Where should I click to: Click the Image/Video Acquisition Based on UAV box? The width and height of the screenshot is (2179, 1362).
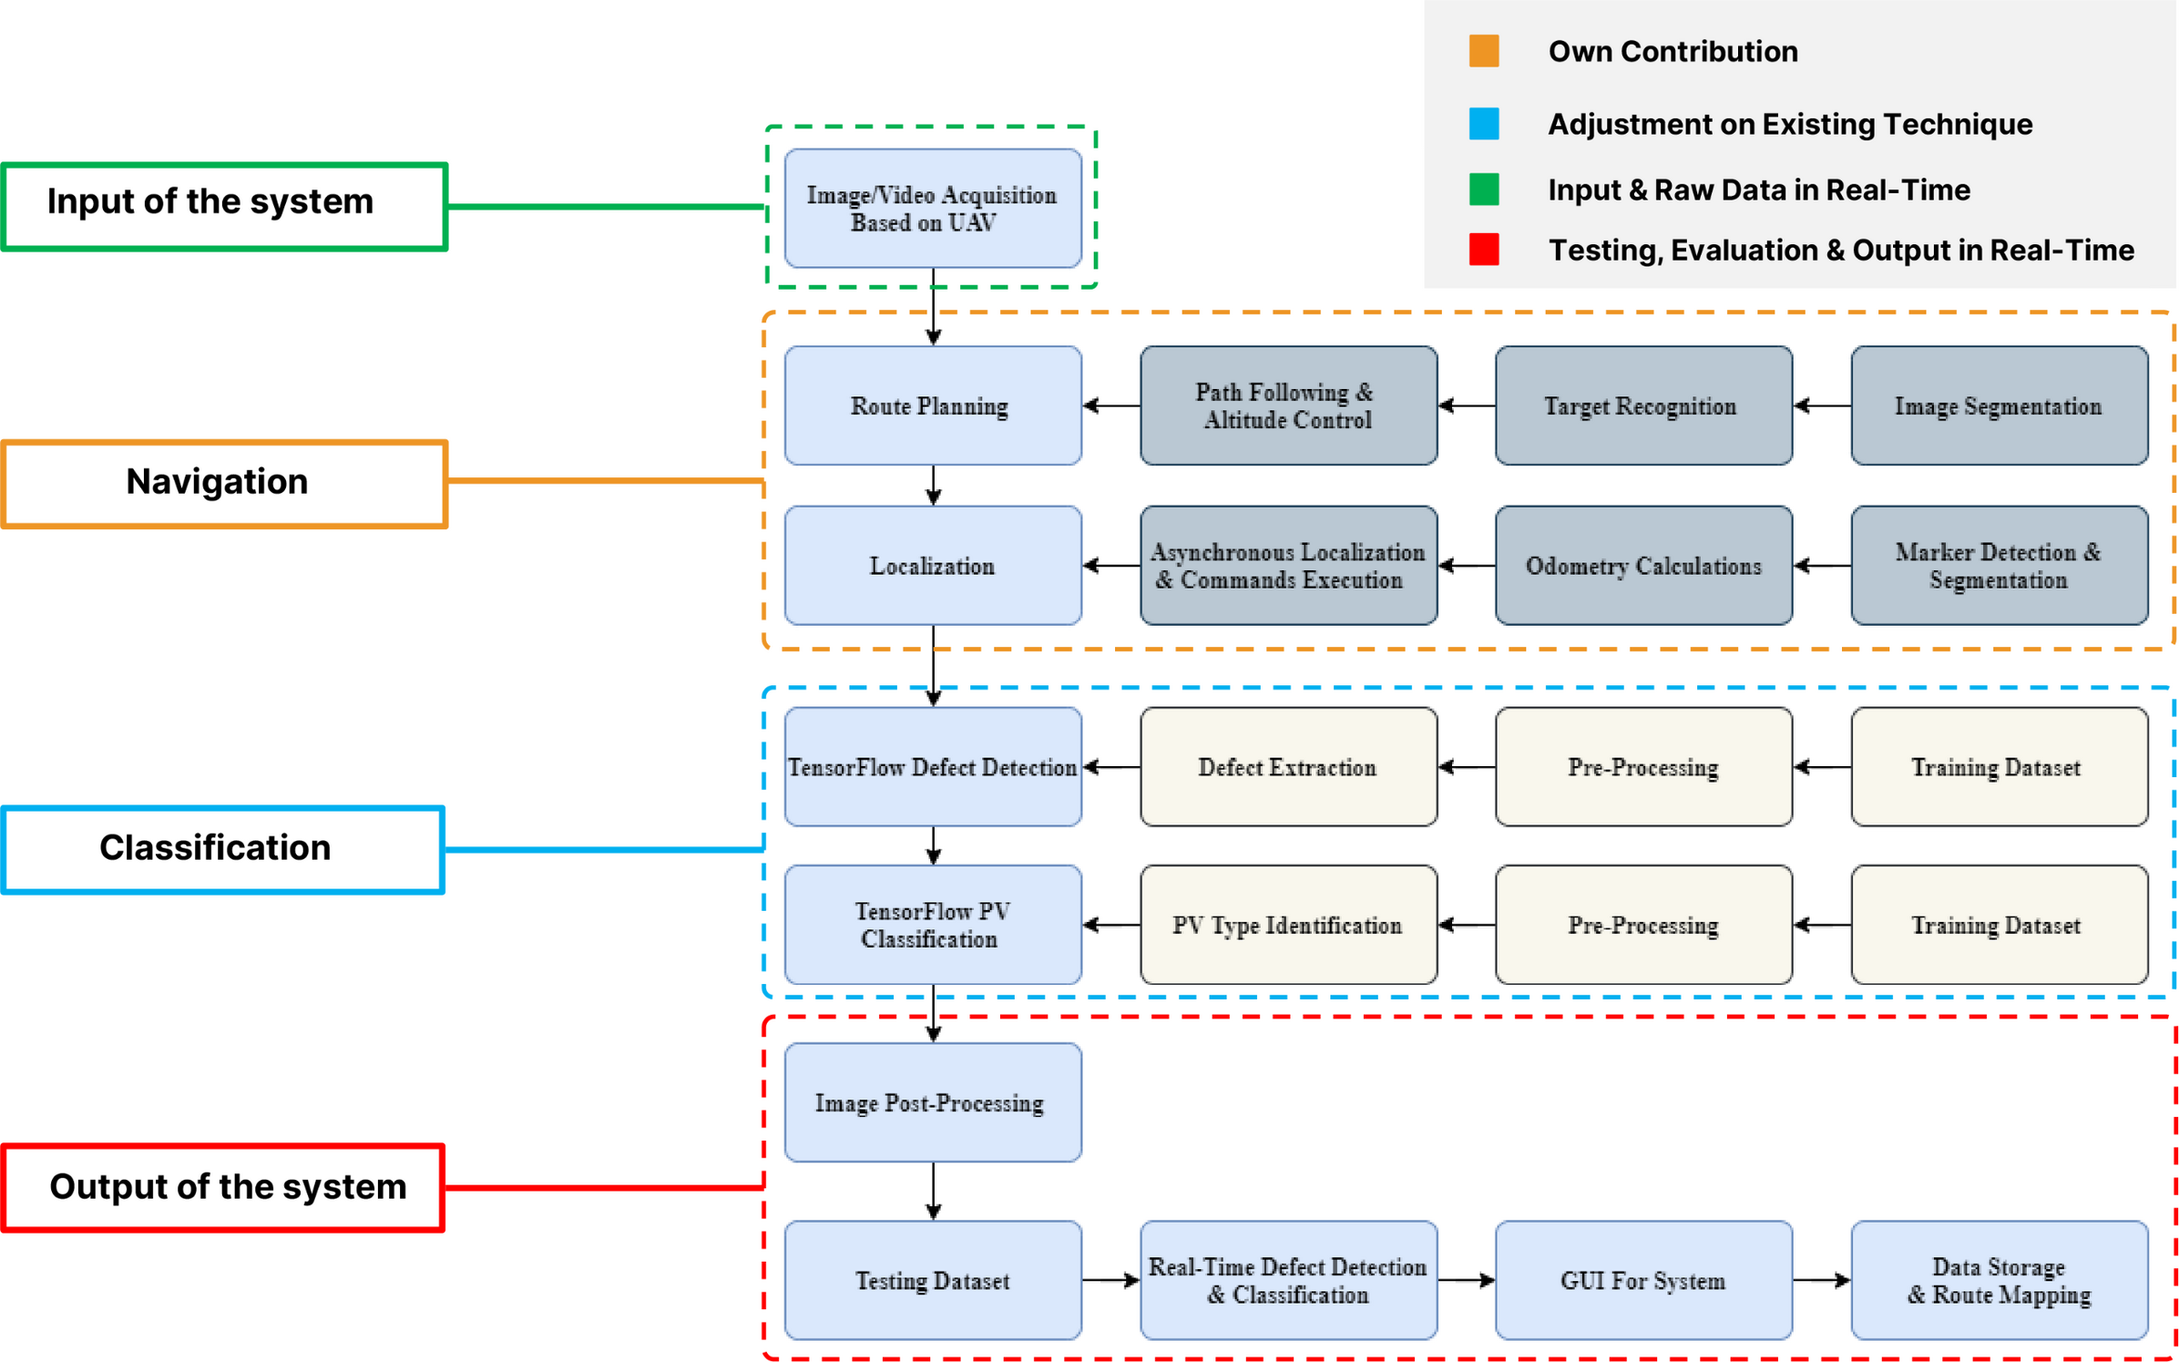pos(933,209)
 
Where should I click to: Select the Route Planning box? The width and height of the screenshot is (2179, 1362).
pos(933,405)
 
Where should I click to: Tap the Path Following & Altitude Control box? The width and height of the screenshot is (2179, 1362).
pos(1288,405)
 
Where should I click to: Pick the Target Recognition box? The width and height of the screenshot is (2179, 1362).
pos(1643,405)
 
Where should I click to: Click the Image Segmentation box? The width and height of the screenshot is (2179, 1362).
pos(1999,405)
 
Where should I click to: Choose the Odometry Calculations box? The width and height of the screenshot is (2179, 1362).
pos(1643,566)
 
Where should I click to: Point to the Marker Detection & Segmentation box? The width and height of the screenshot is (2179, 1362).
pos(1999,566)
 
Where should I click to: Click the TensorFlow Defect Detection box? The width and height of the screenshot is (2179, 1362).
pos(933,767)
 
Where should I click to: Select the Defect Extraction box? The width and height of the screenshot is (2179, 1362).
pos(1288,767)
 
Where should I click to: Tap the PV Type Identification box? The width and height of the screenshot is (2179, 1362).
pos(1288,925)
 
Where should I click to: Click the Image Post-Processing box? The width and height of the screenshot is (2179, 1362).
pos(933,1102)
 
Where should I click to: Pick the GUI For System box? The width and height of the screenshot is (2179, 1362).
pos(1643,1280)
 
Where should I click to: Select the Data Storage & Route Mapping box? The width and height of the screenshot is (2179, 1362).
pos(1999,1280)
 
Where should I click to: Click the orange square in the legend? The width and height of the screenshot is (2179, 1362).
pos(1484,51)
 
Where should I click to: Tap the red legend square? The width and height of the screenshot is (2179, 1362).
pos(1484,250)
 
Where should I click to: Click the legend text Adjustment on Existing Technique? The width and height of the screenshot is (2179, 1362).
pos(1790,124)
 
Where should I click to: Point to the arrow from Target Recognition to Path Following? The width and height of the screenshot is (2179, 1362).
pos(1467,405)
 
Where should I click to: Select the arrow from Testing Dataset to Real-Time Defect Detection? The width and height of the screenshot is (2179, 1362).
pos(1111,1280)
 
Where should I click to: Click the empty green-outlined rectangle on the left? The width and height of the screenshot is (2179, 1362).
pos(225,207)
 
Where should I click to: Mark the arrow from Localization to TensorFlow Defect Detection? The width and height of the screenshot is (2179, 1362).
pos(933,665)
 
